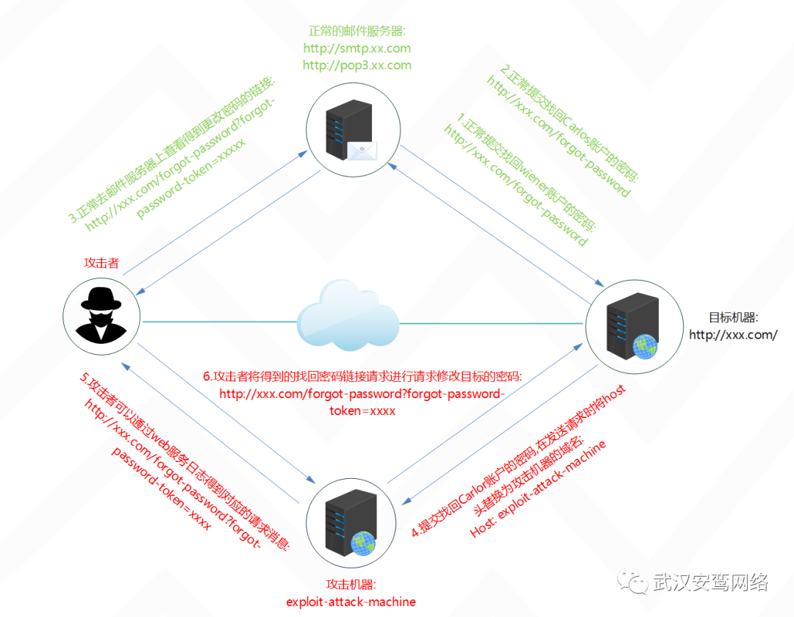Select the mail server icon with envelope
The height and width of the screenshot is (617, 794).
(350, 131)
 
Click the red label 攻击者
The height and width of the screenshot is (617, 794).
(101, 263)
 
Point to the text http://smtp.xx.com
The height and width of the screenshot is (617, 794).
(357, 48)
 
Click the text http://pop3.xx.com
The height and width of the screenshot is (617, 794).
(357, 65)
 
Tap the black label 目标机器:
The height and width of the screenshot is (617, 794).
(733, 317)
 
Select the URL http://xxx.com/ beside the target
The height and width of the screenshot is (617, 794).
(733, 335)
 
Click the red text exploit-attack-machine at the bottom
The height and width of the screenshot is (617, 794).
(351, 602)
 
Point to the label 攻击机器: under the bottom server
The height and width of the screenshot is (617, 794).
(351, 585)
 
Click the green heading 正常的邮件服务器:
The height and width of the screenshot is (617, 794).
(357, 32)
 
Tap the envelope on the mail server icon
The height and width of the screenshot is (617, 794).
(363, 151)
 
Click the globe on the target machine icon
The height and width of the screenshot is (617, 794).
(645, 346)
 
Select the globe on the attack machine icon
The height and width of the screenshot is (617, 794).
(363, 543)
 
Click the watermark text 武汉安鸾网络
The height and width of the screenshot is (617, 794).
(710, 582)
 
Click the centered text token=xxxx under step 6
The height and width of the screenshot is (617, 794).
(362, 411)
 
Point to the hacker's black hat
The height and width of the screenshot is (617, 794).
(102, 299)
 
